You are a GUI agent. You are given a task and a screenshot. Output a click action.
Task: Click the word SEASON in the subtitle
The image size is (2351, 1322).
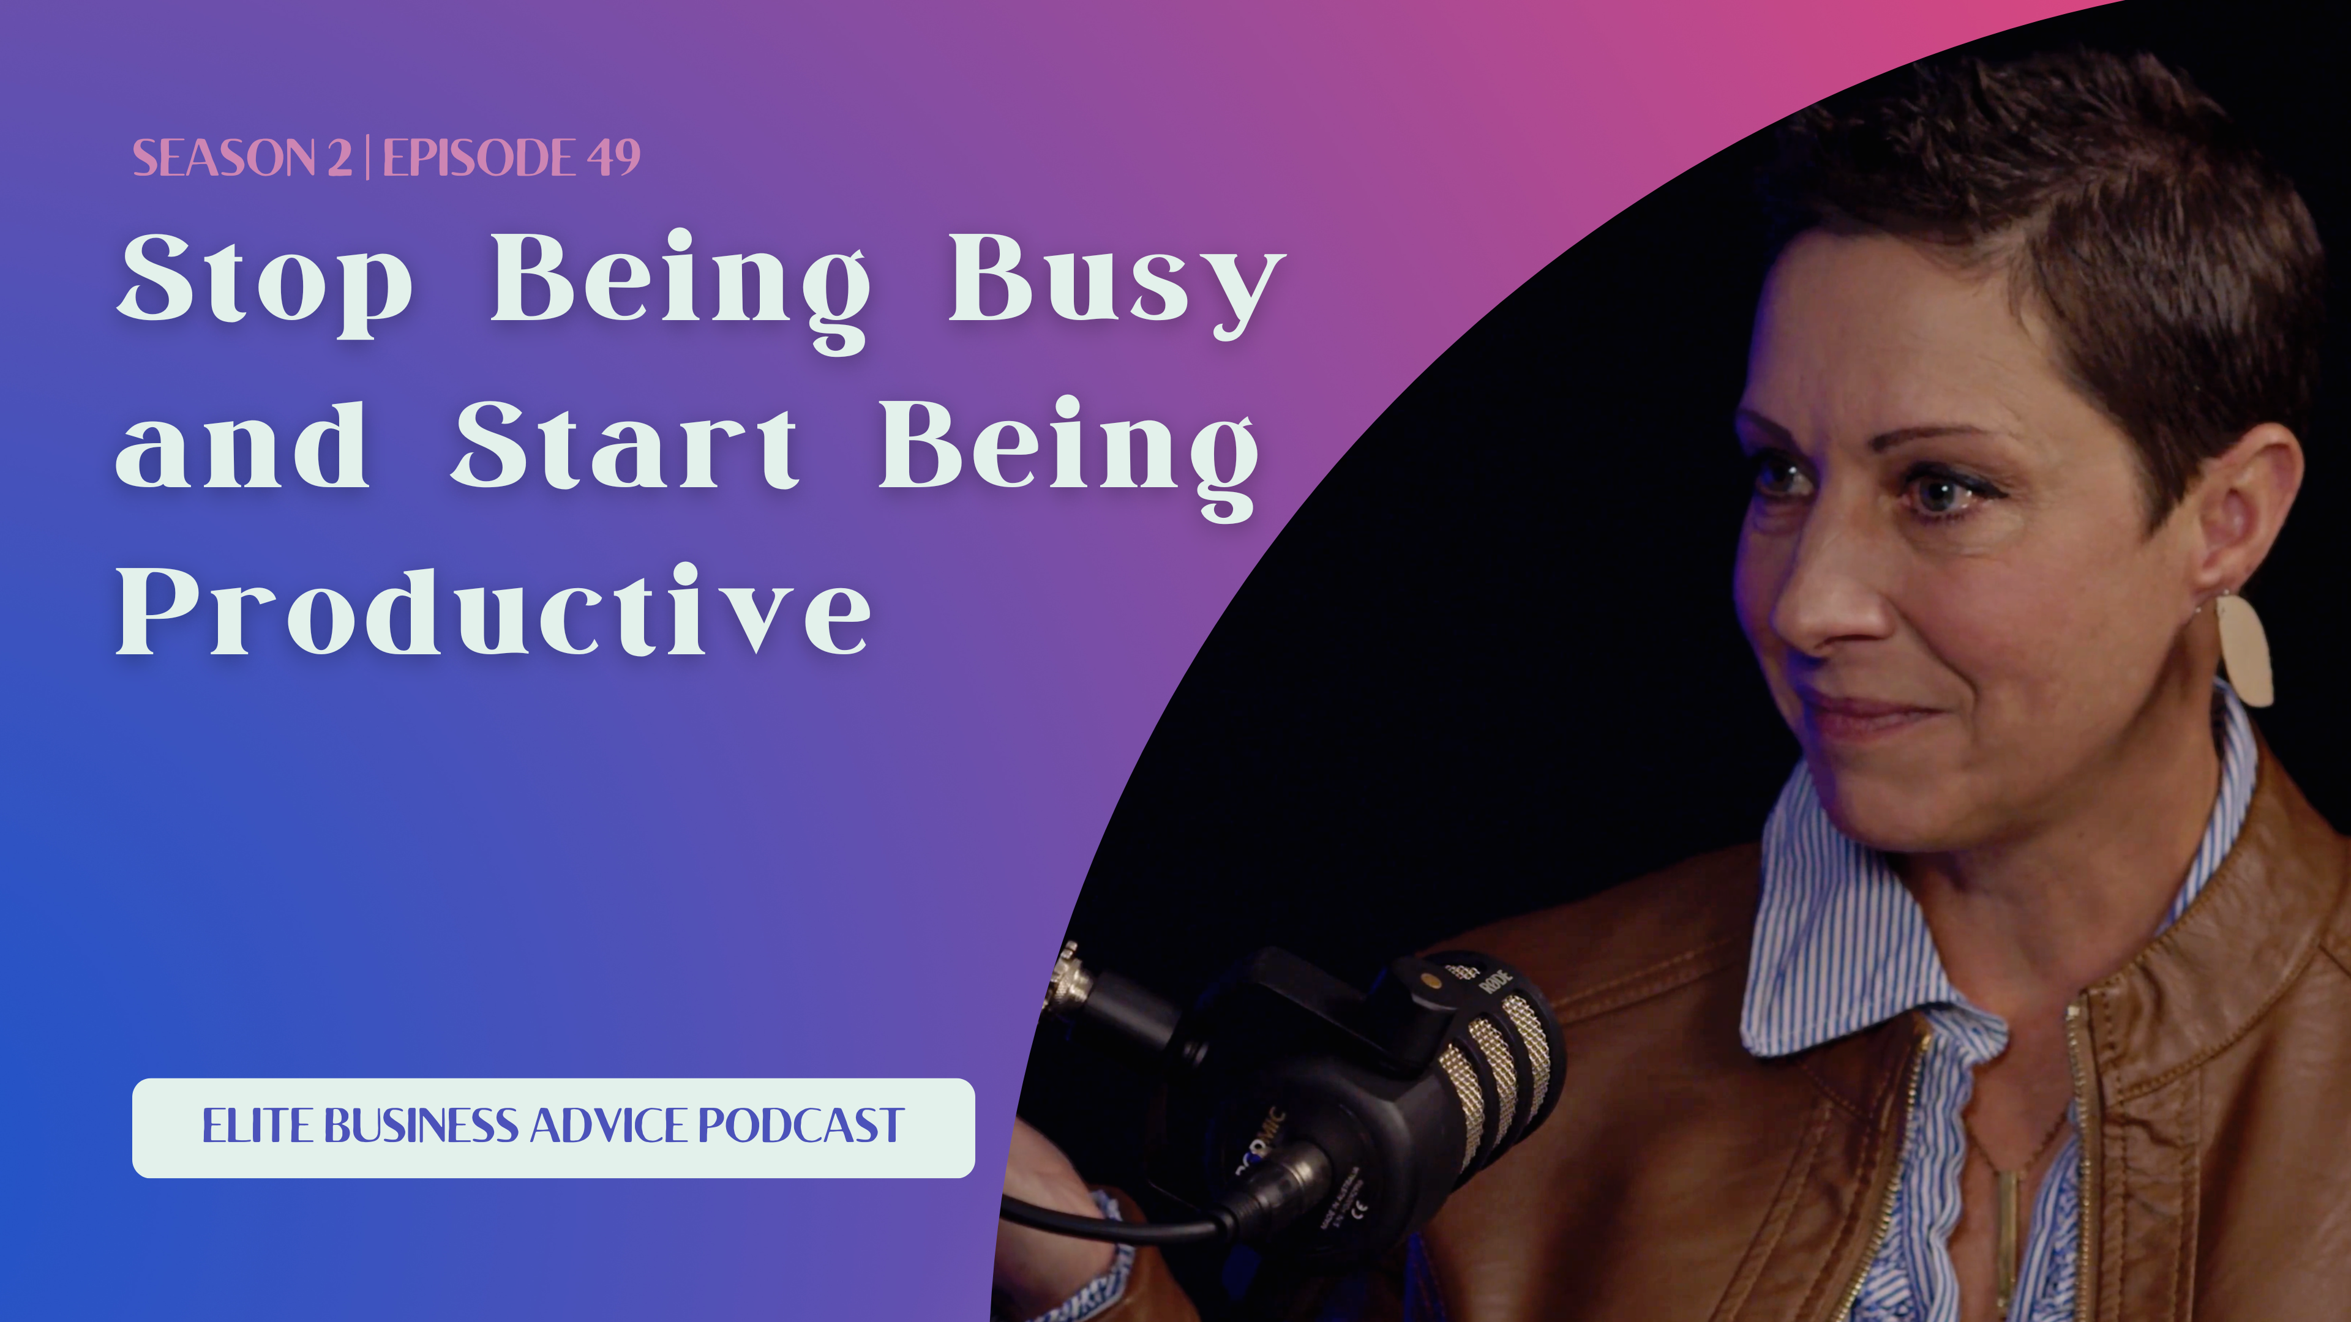(x=223, y=158)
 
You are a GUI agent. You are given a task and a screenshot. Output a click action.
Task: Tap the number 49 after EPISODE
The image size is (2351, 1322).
(x=613, y=158)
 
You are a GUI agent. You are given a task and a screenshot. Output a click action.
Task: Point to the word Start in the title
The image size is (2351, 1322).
(x=624, y=446)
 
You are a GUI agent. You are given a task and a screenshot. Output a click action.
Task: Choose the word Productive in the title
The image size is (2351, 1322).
(x=493, y=611)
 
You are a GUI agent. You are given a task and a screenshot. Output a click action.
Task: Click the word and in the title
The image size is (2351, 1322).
(x=242, y=446)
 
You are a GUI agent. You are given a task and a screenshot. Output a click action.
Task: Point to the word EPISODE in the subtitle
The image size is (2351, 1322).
(x=478, y=158)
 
